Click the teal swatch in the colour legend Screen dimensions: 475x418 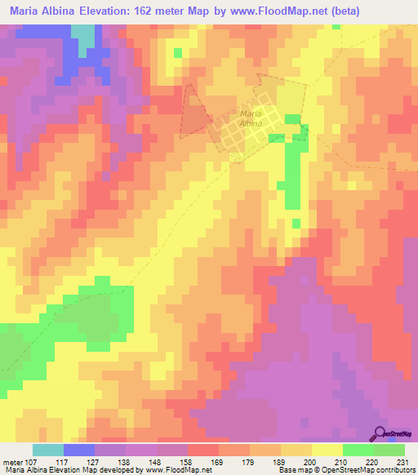coord(48,450)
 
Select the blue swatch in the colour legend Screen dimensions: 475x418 coord(79,450)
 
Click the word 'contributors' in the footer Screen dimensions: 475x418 coord(394,470)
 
